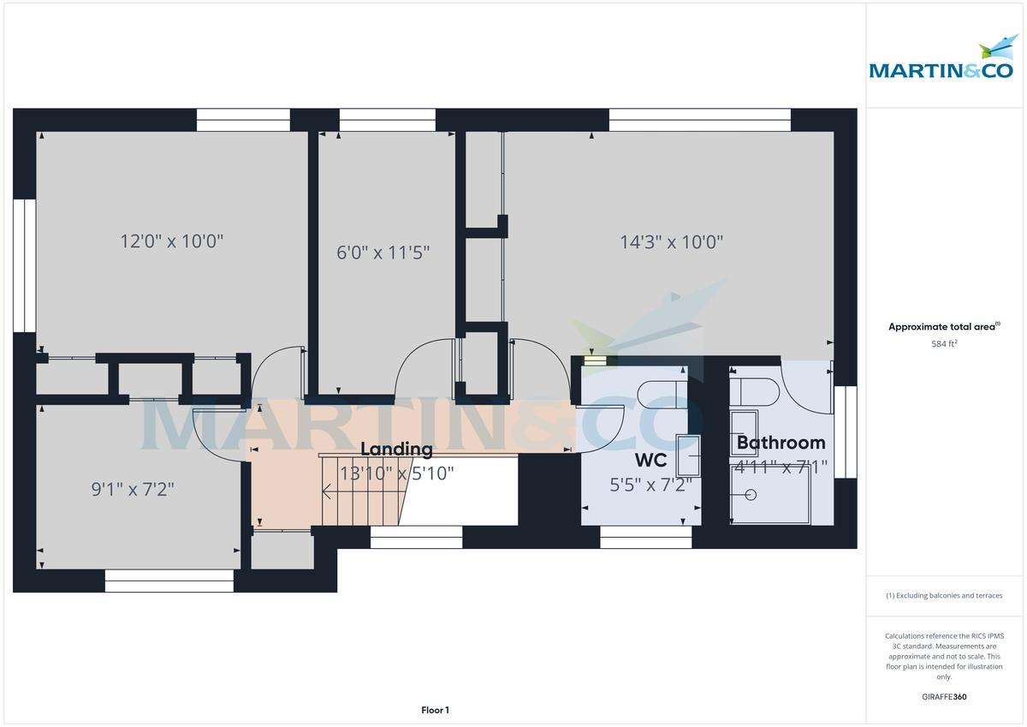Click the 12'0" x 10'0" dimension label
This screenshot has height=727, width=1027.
[172, 241]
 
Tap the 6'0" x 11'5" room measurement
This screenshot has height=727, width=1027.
[382, 253]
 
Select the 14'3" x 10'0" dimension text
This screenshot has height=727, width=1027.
[672, 241]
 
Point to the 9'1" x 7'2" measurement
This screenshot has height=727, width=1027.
[134, 490]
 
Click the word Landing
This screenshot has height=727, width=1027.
[396, 449]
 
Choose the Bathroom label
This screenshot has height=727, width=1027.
[781, 443]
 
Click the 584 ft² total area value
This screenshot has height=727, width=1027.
[944, 343]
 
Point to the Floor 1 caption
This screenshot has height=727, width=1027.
[435, 710]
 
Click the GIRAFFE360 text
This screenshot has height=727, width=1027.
[944, 697]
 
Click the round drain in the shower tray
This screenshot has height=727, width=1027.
[751, 495]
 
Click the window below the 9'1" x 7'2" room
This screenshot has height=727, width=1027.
[169, 581]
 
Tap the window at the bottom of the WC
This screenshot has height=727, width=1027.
[645, 537]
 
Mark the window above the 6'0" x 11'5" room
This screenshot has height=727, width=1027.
[387, 120]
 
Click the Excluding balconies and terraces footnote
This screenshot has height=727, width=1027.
[944, 595]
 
